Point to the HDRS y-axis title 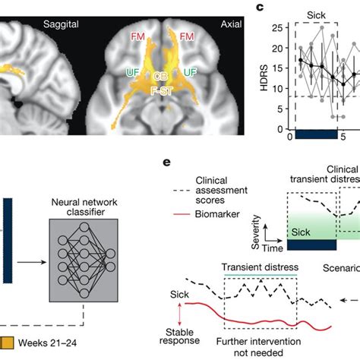click(x=265, y=73)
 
